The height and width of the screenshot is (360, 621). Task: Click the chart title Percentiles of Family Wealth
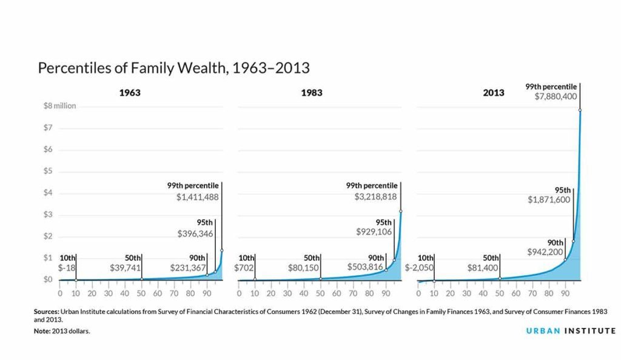[173, 67]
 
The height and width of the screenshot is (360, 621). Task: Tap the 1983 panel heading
[310, 93]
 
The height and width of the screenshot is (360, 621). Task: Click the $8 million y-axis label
[60, 106]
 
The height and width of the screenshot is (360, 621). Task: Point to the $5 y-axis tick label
[53, 172]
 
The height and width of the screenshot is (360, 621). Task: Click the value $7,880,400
[552, 97]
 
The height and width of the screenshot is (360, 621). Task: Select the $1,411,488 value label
[197, 197]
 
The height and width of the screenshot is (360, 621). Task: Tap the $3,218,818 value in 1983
[376, 197]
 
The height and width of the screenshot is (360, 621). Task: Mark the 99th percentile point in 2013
[580, 110]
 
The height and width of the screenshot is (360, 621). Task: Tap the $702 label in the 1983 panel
[246, 267]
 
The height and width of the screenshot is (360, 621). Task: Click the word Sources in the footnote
[46, 311]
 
